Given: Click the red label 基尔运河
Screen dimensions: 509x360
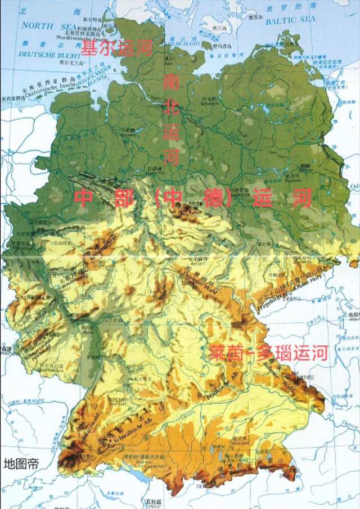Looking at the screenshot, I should [116, 48].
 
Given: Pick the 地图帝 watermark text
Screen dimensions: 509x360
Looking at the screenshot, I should [21, 465].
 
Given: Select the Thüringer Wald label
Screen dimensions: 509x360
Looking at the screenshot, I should [201, 280].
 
